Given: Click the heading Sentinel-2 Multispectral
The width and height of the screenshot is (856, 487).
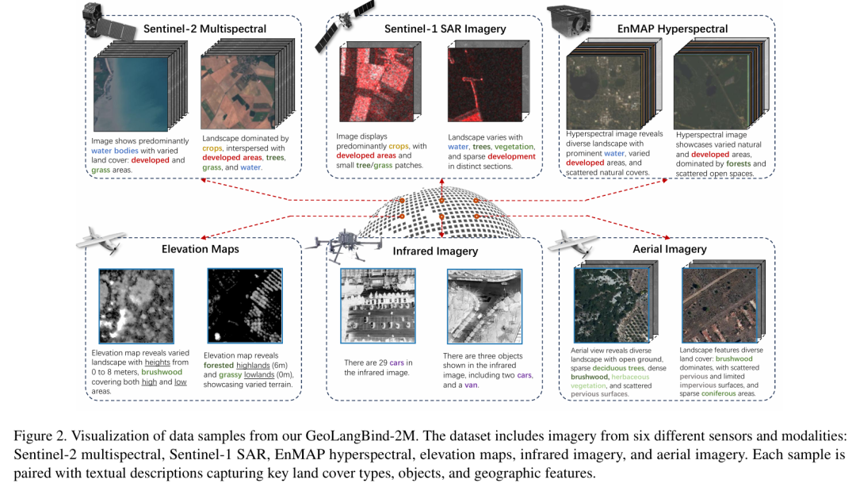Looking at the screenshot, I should pyautogui.click(x=204, y=29).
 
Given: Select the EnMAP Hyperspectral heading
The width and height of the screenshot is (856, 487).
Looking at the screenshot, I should pyautogui.click(x=672, y=29).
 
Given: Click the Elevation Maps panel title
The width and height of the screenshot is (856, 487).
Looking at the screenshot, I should pyautogui.click(x=201, y=249).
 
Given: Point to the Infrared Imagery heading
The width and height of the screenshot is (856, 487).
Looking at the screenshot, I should pyautogui.click(x=435, y=251).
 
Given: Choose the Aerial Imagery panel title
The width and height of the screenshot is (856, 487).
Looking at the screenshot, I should pyautogui.click(x=670, y=249).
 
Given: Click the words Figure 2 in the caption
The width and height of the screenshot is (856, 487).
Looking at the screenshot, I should pyautogui.click(x=38, y=436).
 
